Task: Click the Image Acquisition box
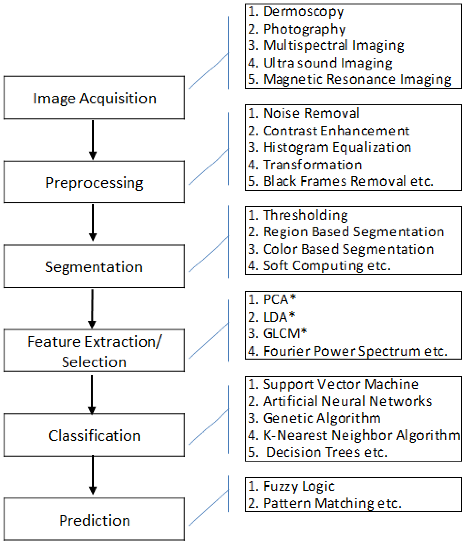point(94,98)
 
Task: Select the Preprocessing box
point(94,182)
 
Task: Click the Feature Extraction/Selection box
point(94,351)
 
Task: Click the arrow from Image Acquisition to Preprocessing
point(92,139)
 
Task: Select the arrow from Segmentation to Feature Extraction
point(92,308)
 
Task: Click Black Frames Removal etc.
point(348,181)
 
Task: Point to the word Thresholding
point(305,215)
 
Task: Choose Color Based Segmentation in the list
point(348,249)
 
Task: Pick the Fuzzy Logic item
point(299,486)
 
